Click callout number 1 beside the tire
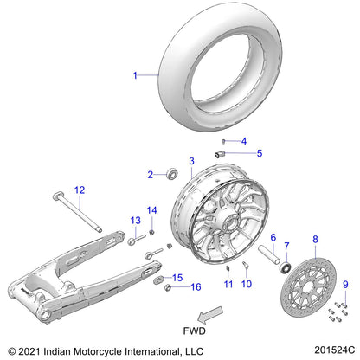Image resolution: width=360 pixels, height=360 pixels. [x=134, y=76]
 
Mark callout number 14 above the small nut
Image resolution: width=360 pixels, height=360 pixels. [x=151, y=210]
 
